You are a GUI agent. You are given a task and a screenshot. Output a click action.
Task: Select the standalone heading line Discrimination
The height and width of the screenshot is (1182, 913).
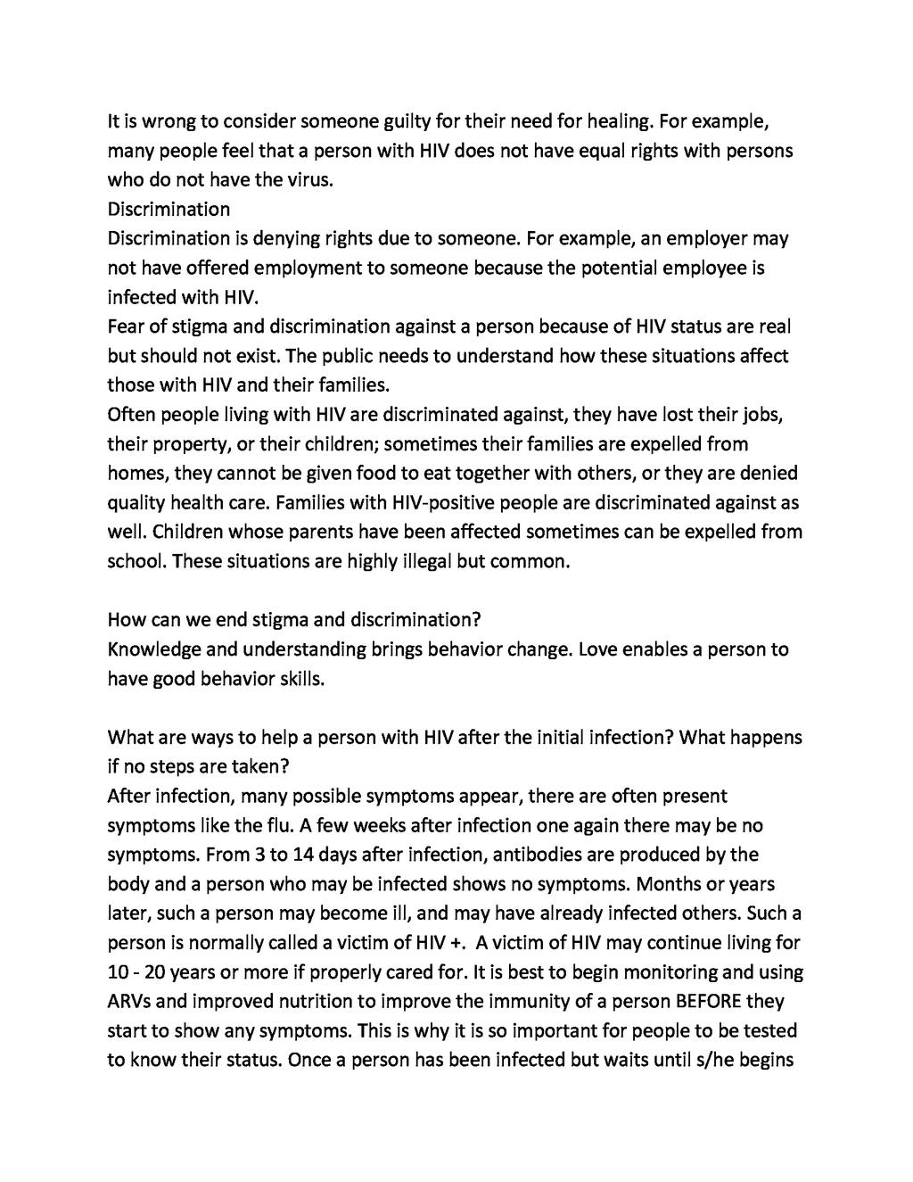(169, 209)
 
